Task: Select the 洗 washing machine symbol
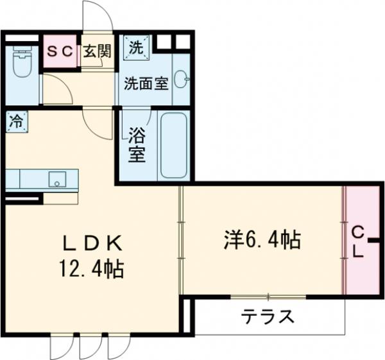[x=136, y=46]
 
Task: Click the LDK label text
[x=92, y=243]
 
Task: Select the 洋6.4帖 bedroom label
[x=262, y=241]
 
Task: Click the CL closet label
[x=357, y=241]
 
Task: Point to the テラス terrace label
[x=268, y=316]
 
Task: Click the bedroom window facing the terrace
[x=269, y=296]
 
